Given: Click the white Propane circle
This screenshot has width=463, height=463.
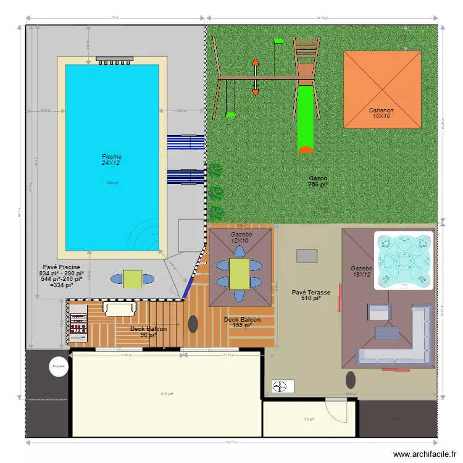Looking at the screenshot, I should click(x=59, y=366).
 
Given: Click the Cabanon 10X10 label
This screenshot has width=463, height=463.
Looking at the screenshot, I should click(x=381, y=114).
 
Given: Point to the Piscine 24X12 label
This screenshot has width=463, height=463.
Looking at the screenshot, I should click(x=112, y=160).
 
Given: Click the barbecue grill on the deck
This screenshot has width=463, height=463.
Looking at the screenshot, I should click(x=78, y=323).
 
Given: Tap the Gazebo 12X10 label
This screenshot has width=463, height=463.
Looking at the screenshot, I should click(x=239, y=238).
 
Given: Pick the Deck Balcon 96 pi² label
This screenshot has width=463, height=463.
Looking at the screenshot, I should click(x=148, y=332).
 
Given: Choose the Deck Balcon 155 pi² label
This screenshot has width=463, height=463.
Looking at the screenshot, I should click(x=242, y=322).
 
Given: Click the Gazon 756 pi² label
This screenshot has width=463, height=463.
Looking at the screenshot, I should click(x=318, y=181).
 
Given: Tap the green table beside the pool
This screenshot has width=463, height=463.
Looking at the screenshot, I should click(x=132, y=279).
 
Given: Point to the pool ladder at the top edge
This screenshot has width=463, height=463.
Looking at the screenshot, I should click(x=115, y=59).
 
